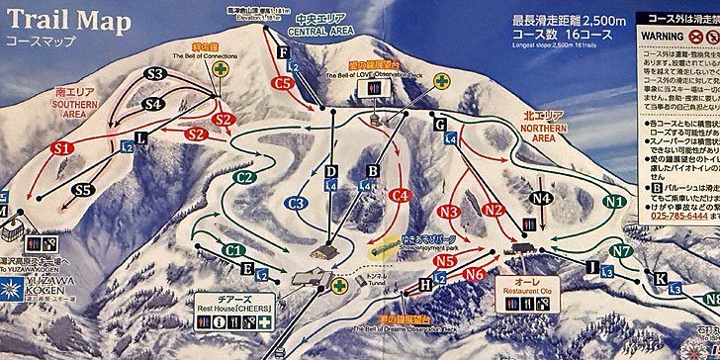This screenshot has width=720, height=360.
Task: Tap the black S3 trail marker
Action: [x=155, y=73]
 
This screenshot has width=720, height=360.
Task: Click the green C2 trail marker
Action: [x=247, y=177]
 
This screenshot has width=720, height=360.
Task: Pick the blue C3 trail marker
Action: [x=296, y=203]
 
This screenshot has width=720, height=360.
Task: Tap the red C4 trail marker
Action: [x=401, y=196]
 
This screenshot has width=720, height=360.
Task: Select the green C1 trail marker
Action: [x=234, y=251]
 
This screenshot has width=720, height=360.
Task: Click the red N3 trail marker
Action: [x=449, y=211]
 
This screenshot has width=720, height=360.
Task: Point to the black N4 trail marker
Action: [x=541, y=198]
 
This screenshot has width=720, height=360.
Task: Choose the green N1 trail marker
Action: [x=615, y=201]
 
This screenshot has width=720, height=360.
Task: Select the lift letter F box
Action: [x=285, y=52]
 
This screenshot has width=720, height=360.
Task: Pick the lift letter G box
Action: [x=440, y=124]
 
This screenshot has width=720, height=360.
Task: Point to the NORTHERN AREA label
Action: [x=542, y=128]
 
